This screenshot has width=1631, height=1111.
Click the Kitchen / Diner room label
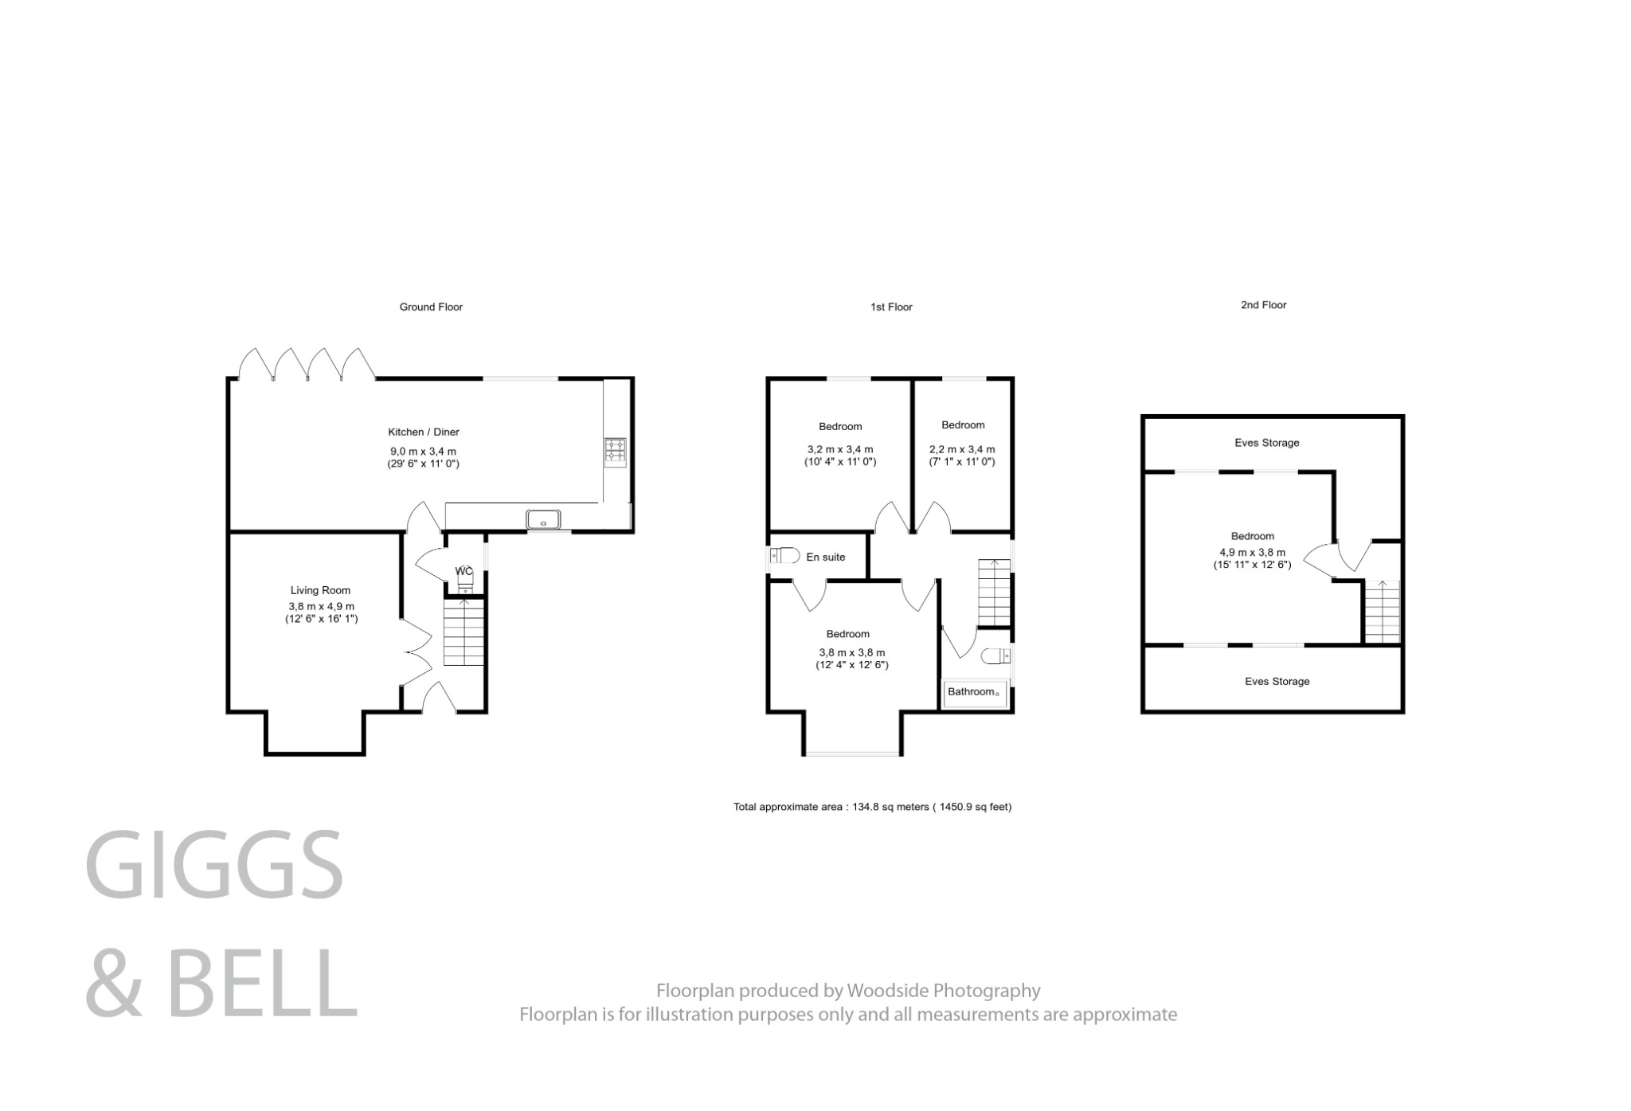(x=423, y=432)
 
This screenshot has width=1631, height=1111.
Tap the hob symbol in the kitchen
(x=615, y=451)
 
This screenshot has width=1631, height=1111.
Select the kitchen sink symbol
(x=543, y=519)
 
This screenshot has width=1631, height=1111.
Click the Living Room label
(x=320, y=590)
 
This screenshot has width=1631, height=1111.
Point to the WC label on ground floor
(x=463, y=571)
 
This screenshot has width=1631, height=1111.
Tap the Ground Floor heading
(x=431, y=307)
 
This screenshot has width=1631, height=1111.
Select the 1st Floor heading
(x=891, y=307)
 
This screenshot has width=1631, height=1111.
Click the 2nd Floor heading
(x=1263, y=305)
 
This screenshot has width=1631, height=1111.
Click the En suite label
(x=825, y=557)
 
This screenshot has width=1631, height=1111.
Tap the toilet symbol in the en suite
(x=784, y=555)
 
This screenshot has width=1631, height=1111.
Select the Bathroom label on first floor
(x=971, y=691)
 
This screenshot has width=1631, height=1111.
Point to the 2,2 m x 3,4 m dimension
(x=961, y=449)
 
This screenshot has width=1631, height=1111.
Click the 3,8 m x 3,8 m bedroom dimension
(x=851, y=652)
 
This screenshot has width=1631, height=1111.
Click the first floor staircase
(x=994, y=593)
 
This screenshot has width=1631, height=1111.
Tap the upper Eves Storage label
(x=1266, y=443)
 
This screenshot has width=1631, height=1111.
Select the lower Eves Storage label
(x=1277, y=681)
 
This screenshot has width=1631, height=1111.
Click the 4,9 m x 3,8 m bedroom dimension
(x=1252, y=552)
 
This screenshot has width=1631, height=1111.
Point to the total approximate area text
(x=872, y=807)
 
